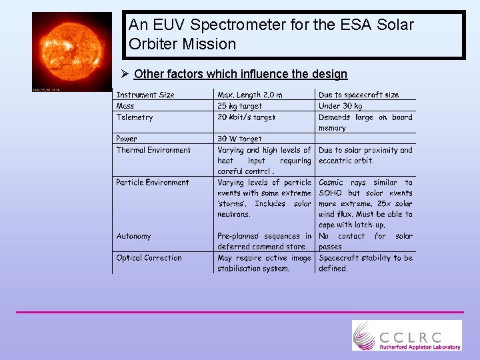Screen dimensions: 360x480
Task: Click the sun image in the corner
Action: (71, 51)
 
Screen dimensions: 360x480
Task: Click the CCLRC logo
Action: (407, 335)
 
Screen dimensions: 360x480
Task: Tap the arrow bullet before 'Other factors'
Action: (125, 74)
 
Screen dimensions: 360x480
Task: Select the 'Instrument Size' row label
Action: (145, 95)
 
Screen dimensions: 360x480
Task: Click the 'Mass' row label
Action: (125, 106)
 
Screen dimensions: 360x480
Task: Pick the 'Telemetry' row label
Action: (135, 117)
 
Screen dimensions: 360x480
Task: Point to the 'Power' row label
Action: (127, 139)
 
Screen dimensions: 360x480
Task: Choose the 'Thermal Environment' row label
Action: (153, 150)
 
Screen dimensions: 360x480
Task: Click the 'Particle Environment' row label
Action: (153, 182)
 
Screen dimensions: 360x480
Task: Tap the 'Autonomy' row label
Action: (133, 236)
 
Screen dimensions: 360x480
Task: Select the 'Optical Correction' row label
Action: (149, 258)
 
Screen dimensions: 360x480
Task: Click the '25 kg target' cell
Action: (240, 106)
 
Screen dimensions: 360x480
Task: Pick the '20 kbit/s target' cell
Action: (246, 117)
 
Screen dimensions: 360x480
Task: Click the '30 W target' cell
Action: (239, 139)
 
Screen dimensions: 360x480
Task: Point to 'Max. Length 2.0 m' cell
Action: (250, 95)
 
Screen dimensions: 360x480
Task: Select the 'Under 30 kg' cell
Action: (341, 106)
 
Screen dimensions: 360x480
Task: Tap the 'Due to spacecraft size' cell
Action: (359, 95)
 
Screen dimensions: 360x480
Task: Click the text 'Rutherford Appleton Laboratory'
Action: (420, 347)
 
